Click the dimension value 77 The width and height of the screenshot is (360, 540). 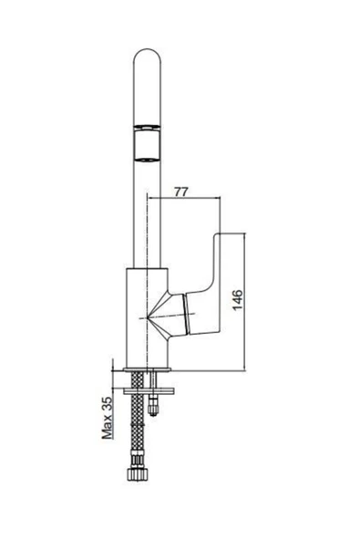coord(181,192)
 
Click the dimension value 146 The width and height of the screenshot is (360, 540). coord(238,300)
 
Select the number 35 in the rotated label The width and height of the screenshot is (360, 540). coord(108,404)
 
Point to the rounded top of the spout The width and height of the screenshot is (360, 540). coord(147,52)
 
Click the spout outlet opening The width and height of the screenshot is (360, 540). coord(147,144)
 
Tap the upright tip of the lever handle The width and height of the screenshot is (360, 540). coord(217,236)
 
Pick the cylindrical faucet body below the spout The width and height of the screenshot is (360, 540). coord(147,317)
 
